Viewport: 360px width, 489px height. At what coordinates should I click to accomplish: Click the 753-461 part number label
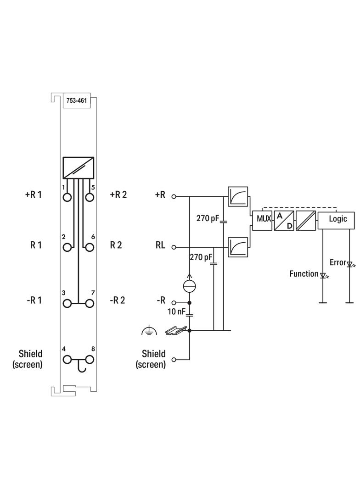tap(77, 101)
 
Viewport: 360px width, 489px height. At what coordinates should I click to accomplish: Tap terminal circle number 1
tap(67, 197)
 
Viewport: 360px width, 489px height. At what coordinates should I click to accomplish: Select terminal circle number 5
tap(90, 197)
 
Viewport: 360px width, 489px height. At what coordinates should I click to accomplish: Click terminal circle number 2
tap(67, 247)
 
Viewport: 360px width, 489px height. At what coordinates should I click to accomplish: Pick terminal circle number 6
tap(90, 247)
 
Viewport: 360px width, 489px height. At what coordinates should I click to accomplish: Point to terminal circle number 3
tap(67, 303)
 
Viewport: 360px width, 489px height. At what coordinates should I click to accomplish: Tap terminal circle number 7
tap(90, 303)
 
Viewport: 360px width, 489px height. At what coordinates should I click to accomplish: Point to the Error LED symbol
tap(349, 265)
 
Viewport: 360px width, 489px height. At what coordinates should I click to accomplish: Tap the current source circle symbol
tap(190, 286)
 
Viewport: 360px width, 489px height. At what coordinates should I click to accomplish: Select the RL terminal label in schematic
tap(160, 245)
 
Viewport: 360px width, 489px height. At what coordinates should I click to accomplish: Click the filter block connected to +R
tap(238, 196)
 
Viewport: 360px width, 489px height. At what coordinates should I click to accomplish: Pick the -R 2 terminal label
tap(118, 300)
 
